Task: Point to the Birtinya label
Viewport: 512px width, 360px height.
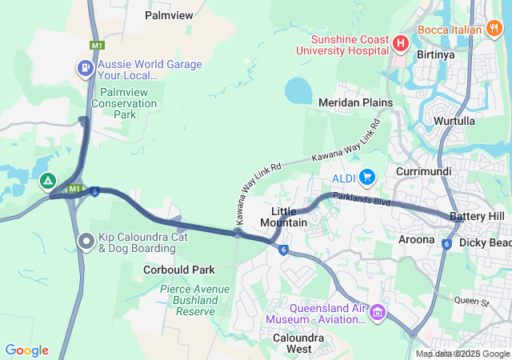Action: (x=436, y=55)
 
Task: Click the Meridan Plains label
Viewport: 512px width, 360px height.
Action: (x=355, y=102)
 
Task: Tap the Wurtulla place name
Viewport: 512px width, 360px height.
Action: (x=454, y=121)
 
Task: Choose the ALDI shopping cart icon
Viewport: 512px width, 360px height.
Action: (x=367, y=176)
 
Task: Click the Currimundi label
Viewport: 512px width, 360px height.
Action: (x=424, y=171)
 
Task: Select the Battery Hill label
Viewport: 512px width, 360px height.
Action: (x=477, y=217)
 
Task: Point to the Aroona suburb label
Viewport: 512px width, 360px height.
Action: (x=416, y=239)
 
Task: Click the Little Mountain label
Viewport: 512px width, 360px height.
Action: (x=284, y=216)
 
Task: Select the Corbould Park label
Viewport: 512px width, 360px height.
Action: (x=179, y=270)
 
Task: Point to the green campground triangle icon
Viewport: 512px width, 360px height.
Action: (x=48, y=182)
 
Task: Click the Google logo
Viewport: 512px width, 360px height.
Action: (x=26, y=350)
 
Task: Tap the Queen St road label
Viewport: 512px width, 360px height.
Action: (x=471, y=302)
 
